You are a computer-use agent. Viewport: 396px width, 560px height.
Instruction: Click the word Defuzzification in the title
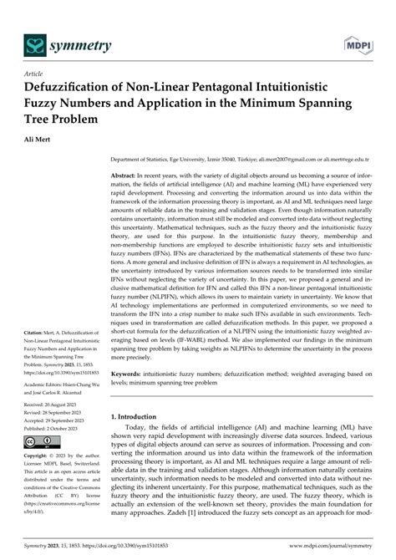coord(79,88)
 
